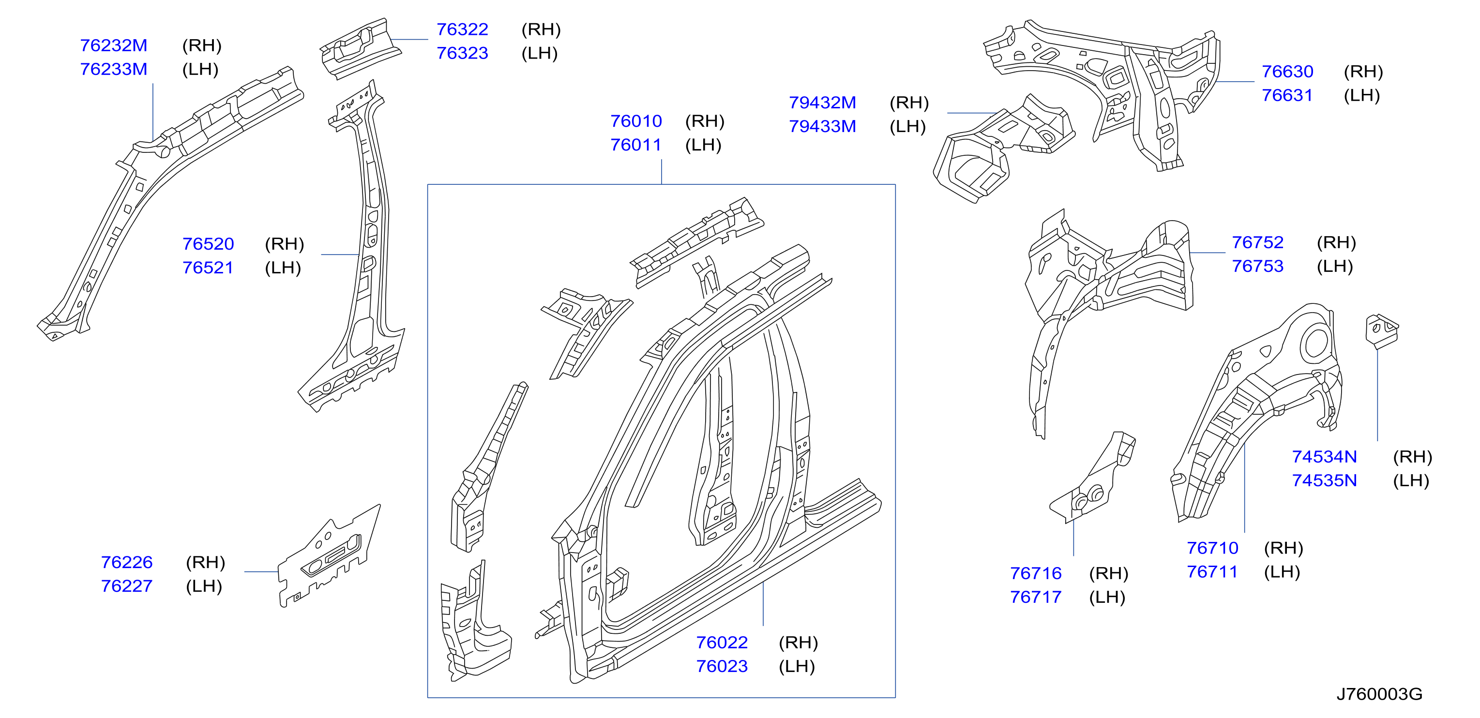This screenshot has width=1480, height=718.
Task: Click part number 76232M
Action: [x=114, y=45]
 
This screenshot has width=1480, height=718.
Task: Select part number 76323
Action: [x=463, y=53]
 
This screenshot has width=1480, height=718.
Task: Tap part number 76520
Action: [x=208, y=244]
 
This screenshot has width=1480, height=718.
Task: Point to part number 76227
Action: [x=127, y=586]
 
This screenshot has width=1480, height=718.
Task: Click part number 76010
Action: [x=636, y=121]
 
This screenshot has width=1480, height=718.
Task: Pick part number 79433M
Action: [x=822, y=126]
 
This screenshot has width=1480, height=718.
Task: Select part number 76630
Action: [x=1287, y=72]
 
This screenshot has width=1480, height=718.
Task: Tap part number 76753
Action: [x=1258, y=267]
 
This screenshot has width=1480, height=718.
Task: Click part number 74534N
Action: [x=1324, y=457]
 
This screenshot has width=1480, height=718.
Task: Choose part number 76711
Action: [x=1213, y=572]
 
